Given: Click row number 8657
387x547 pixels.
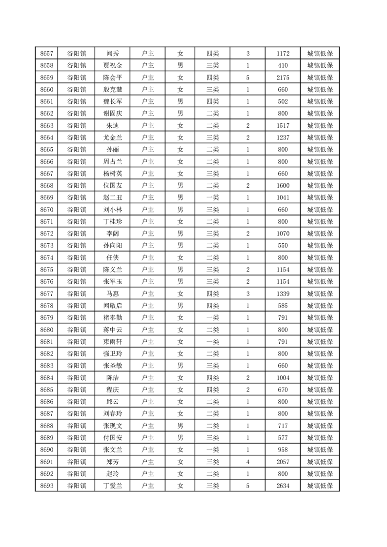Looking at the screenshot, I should click(x=47, y=54).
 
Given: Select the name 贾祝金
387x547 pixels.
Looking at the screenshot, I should click(x=113, y=66).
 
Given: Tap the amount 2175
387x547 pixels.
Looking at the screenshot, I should click(x=283, y=78).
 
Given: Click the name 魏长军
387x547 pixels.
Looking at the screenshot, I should click(x=113, y=101).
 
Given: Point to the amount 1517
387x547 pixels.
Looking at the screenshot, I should click(x=283, y=126).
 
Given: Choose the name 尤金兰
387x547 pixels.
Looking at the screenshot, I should click(x=113, y=137).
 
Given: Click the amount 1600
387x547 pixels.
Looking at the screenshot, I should click(x=283, y=186).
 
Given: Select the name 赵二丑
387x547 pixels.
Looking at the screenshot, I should click(x=113, y=197).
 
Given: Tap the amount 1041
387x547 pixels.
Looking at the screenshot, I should click(x=283, y=197).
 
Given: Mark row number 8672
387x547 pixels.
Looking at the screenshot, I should click(x=47, y=234).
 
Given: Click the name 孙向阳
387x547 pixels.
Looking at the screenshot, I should click(x=113, y=246).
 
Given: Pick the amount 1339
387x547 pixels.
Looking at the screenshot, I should click(x=283, y=293).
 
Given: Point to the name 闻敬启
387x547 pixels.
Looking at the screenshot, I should click(x=113, y=306).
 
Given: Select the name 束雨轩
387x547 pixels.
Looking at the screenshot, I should click(x=113, y=342).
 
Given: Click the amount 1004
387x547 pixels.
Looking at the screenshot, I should click(x=283, y=378).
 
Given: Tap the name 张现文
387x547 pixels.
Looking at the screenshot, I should click(x=113, y=426).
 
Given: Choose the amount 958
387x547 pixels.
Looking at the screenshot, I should click(x=283, y=449).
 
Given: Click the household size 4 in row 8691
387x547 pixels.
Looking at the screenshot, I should click(x=248, y=462).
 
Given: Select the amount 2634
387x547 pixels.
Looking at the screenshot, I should click(x=283, y=486).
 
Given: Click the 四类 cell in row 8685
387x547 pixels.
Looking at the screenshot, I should click(x=213, y=390).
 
